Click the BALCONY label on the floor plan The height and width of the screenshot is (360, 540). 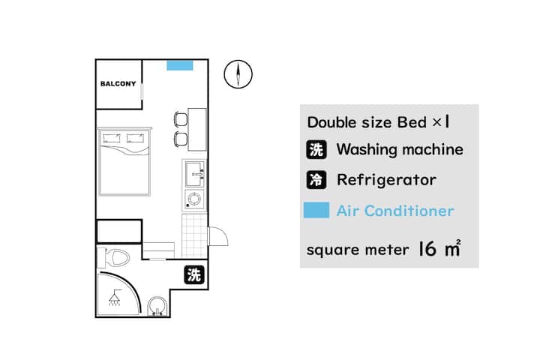click(x=118, y=84)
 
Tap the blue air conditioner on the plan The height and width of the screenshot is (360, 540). click(x=180, y=65)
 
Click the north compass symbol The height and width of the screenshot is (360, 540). click(x=238, y=74)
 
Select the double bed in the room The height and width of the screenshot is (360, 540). click(x=124, y=161)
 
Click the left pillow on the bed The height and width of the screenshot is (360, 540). click(x=112, y=138)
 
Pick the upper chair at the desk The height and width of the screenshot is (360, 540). click(x=181, y=119)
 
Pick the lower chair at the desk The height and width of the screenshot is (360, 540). click(x=181, y=139)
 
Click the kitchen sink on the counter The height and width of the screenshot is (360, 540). click(x=194, y=174)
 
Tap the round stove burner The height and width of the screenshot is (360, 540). click(x=194, y=199)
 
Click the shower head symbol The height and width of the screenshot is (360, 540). click(x=114, y=298)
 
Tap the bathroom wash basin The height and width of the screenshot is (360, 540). click(x=157, y=306)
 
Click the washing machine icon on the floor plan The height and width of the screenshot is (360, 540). click(x=194, y=275)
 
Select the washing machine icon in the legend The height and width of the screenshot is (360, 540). click(x=316, y=149)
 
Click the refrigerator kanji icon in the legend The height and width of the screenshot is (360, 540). click(x=316, y=179)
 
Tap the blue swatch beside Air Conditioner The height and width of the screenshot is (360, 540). click(x=316, y=210)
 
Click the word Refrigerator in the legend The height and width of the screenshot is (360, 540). click(x=386, y=180)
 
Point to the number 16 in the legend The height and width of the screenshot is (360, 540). click(x=427, y=248)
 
